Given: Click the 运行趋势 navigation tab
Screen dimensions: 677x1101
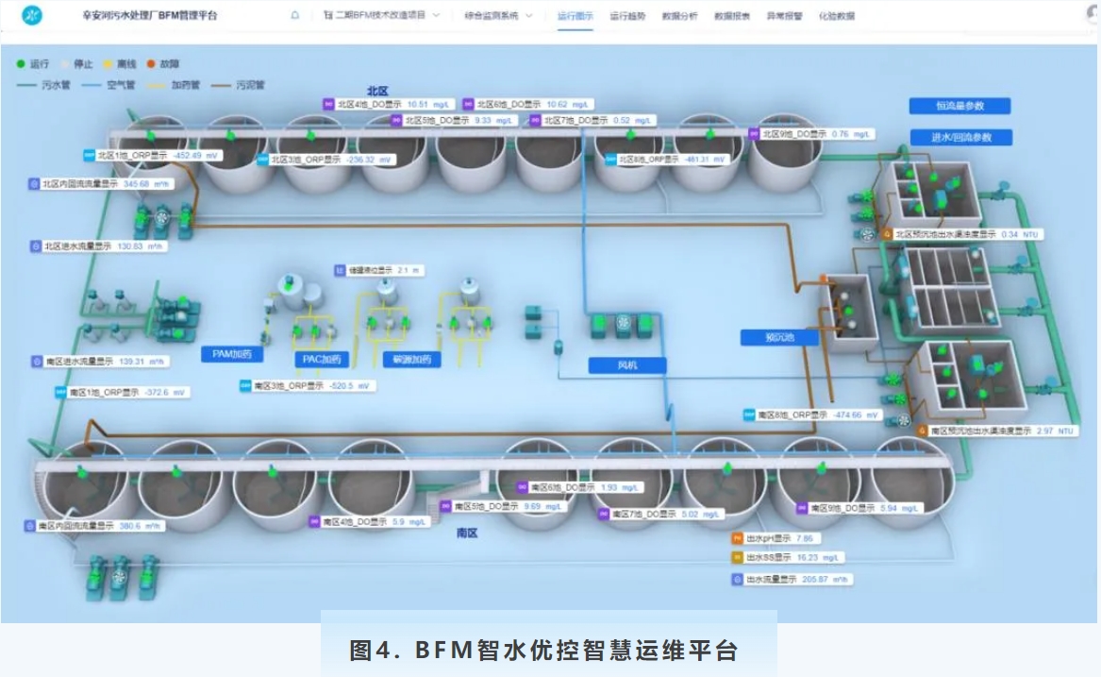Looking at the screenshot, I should (x=627, y=16).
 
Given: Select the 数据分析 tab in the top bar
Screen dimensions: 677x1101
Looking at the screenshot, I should (x=680, y=16).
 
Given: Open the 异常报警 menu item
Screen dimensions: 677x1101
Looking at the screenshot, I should (x=783, y=16).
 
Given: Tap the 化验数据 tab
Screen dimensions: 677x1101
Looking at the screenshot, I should (x=836, y=16).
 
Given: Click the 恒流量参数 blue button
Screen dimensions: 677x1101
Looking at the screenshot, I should (x=960, y=106).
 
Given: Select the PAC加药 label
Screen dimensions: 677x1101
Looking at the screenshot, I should (x=322, y=359).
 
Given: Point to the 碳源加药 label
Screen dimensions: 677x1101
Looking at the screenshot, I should (x=411, y=359).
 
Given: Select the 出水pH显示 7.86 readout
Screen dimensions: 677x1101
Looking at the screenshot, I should (x=775, y=538).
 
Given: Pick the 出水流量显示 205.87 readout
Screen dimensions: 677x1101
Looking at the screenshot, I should (x=792, y=579).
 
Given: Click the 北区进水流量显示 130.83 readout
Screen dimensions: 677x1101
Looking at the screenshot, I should (x=99, y=246).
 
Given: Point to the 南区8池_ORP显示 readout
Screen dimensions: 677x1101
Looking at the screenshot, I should (x=811, y=415).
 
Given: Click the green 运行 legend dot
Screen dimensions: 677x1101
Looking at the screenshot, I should (x=21, y=65).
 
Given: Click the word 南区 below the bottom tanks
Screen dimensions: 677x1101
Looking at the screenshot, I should (x=467, y=533).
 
